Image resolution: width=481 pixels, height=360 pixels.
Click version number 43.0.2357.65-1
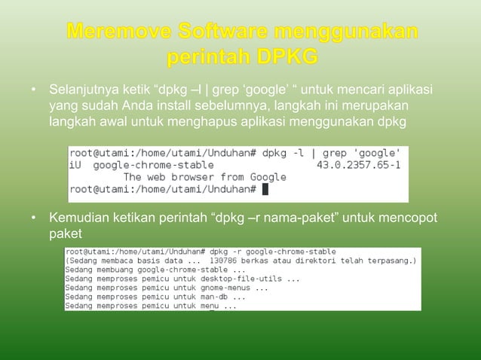(359, 164)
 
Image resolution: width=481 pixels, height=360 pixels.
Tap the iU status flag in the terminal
(75, 164)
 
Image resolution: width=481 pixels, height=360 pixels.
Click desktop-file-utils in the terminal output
(257, 278)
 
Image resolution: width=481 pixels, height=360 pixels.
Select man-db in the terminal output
(218, 297)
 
